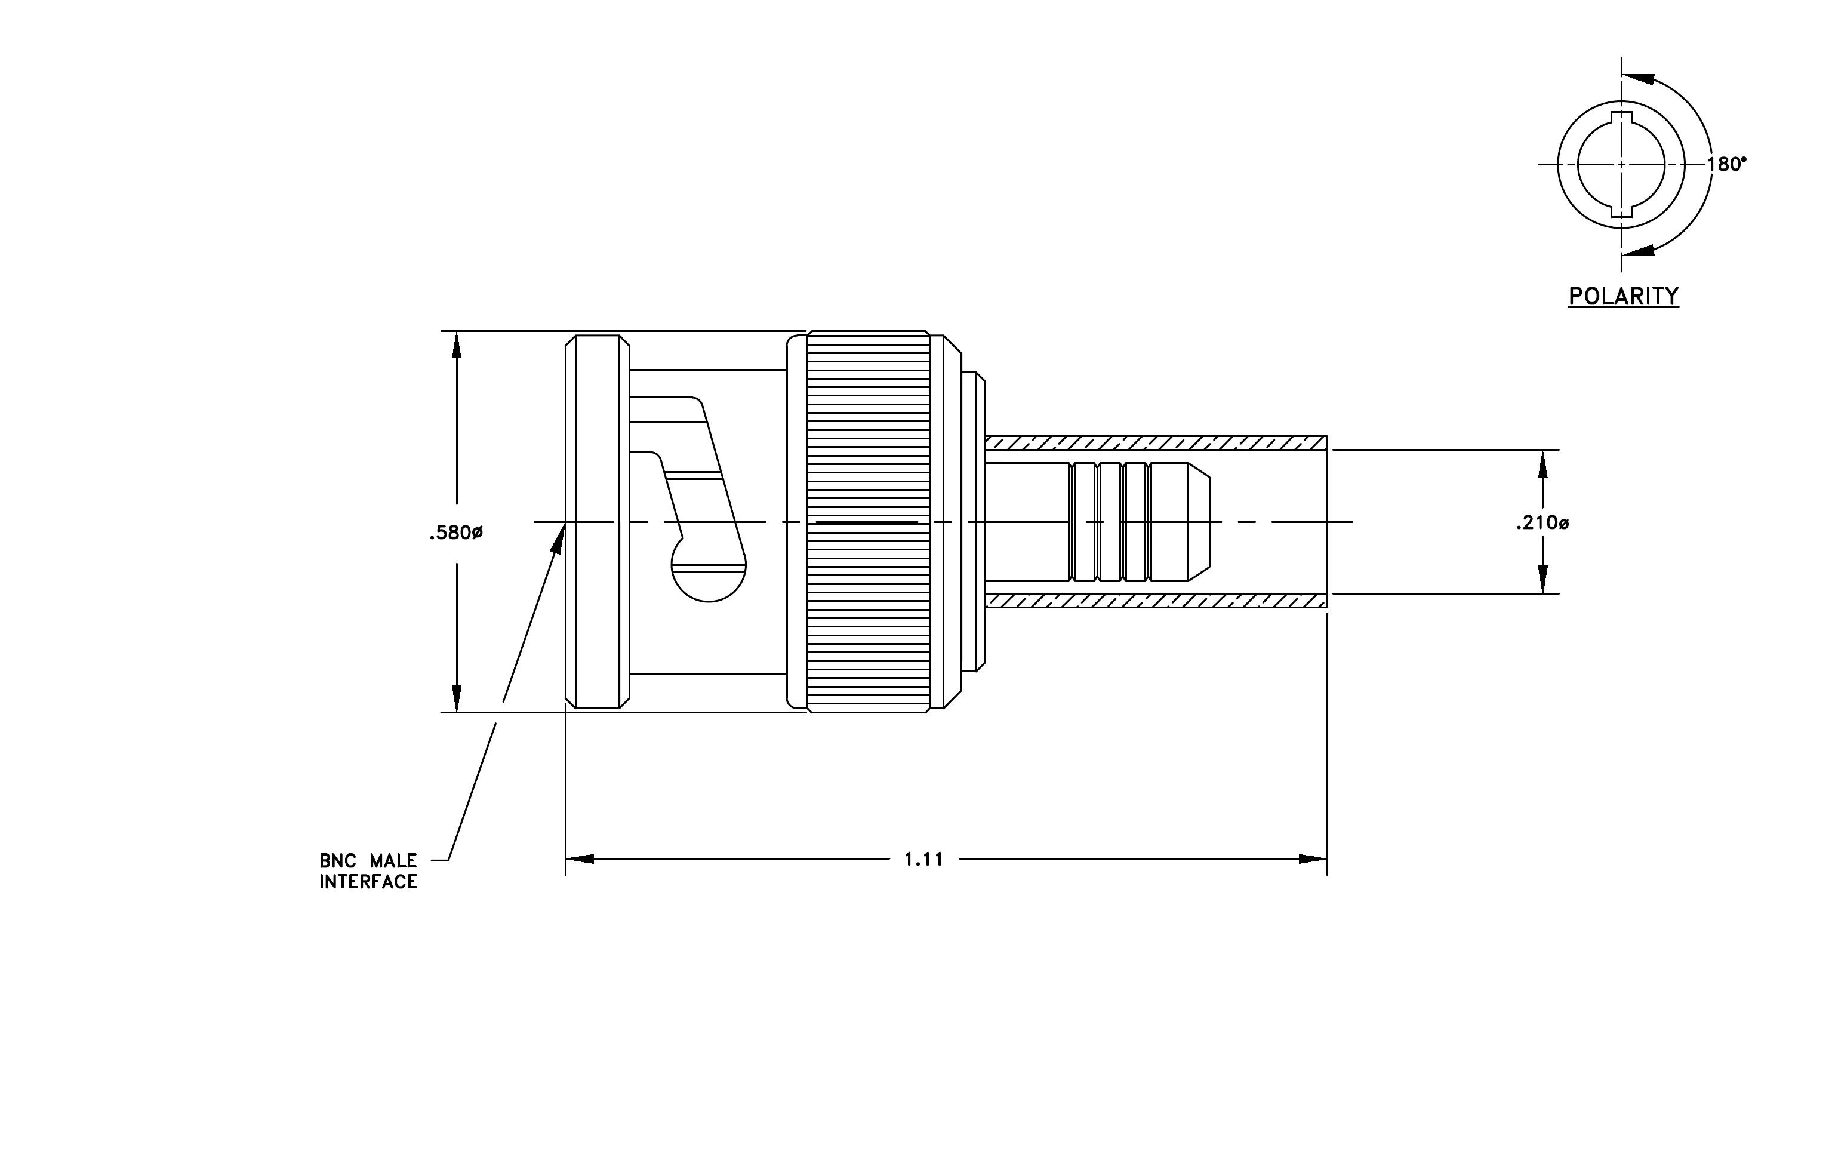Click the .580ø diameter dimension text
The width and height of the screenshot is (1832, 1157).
[x=455, y=533]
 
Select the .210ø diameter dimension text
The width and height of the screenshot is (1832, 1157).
[x=1542, y=524]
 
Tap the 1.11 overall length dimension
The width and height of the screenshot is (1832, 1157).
[x=923, y=859]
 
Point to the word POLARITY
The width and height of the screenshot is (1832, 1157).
[x=1624, y=296]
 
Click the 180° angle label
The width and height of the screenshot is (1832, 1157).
[x=1726, y=164]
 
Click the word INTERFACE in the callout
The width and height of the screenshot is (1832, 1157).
[x=368, y=882]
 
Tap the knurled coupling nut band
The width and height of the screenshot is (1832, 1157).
[x=868, y=522]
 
